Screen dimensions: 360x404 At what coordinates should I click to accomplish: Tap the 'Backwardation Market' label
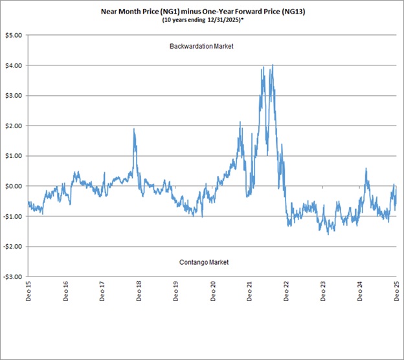point(201,47)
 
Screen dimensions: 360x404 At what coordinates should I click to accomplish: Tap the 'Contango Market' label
point(204,262)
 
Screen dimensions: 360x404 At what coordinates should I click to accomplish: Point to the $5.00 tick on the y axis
point(12,35)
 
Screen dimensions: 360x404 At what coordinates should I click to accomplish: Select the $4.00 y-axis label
point(12,65)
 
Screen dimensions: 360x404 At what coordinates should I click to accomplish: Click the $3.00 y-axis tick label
point(12,95)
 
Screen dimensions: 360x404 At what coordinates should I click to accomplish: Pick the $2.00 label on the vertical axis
point(12,126)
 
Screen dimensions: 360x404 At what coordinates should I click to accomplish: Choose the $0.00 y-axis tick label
point(12,186)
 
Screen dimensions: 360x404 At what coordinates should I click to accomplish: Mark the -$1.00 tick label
point(12,216)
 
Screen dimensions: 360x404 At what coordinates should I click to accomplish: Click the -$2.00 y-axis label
point(12,246)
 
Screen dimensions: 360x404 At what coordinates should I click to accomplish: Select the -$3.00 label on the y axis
point(12,276)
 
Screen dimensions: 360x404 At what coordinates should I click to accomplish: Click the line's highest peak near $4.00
point(273,65)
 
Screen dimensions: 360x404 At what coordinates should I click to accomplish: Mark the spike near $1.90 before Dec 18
point(134,129)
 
